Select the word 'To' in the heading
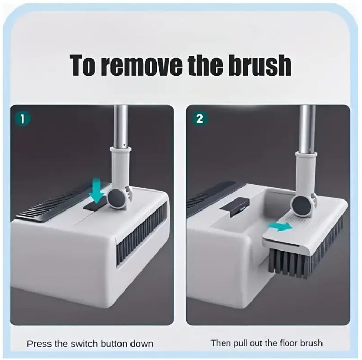83,65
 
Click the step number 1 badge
23,119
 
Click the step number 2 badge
200,119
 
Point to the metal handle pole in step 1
121,126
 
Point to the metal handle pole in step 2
307,129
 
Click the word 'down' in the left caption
142,344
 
